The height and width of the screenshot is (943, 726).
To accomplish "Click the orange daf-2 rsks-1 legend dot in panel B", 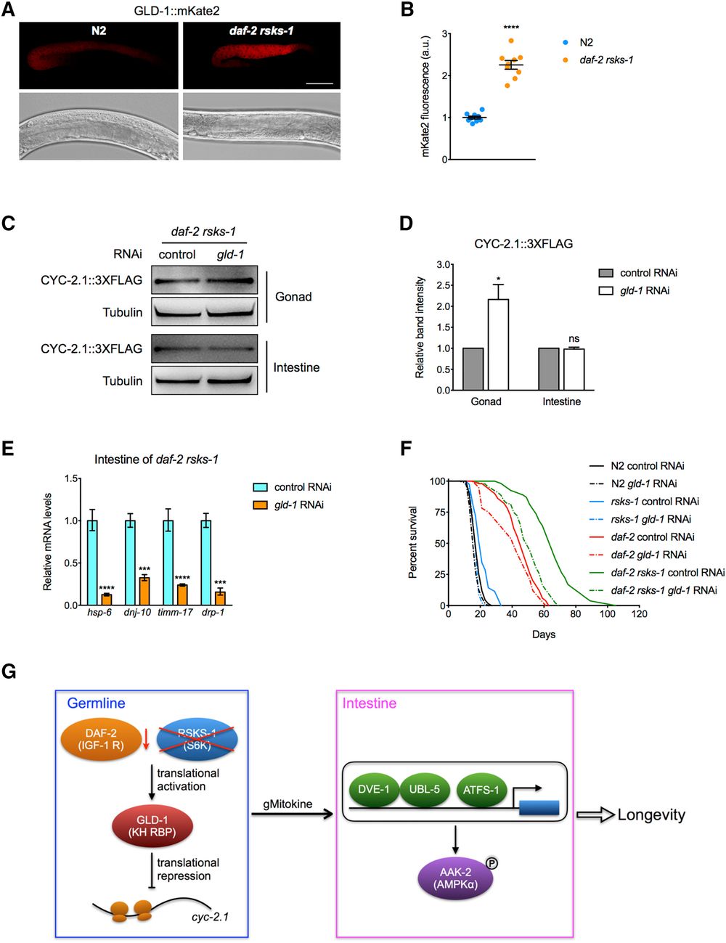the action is [x=565, y=60].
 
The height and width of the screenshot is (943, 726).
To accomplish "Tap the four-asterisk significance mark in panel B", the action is [x=511, y=28].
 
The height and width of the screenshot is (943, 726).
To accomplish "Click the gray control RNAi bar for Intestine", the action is [x=549, y=369].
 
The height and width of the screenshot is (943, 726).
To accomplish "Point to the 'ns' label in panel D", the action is [x=574, y=339].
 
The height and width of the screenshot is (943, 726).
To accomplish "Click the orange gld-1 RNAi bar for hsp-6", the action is [x=107, y=600].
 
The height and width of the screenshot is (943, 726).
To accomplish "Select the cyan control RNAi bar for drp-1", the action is [x=206, y=563].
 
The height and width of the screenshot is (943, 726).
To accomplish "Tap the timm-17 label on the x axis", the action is [x=175, y=612].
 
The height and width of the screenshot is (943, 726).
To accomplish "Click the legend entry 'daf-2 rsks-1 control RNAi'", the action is [x=667, y=572].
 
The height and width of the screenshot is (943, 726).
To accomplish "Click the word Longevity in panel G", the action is [x=651, y=815].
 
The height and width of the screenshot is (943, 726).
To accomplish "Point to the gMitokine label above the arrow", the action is [x=287, y=804].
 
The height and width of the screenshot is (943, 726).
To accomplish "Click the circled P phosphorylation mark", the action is [x=492, y=863].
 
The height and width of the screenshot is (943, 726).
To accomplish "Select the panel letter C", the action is [x=8, y=223].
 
